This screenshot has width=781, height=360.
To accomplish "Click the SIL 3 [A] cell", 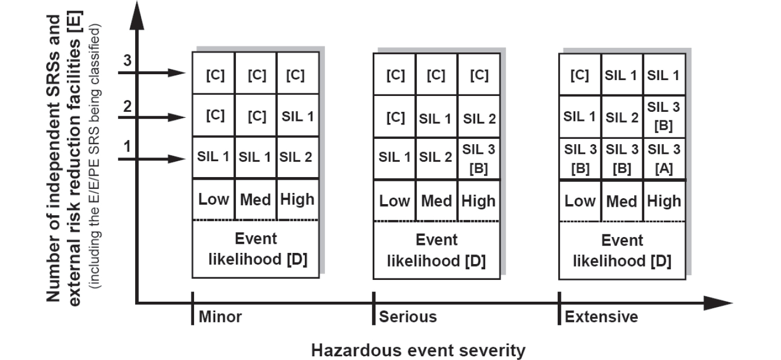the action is (x=664, y=159).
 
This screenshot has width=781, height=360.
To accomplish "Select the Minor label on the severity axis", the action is (x=220, y=317).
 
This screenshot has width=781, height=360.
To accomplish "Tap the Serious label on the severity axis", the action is (x=408, y=317).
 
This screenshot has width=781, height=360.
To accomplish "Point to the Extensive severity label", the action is (x=601, y=317).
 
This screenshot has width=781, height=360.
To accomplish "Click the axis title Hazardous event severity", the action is (x=418, y=350).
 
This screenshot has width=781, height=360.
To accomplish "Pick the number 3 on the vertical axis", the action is (x=127, y=60).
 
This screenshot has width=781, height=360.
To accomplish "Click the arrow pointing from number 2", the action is (x=152, y=118).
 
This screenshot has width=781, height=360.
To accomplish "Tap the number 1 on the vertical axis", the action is (x=127, y=146).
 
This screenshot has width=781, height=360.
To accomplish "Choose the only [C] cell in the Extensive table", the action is (x=580, y=75).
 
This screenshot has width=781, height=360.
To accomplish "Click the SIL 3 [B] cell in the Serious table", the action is (x=478, y=159).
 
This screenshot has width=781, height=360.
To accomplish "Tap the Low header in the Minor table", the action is (x=213, y=199).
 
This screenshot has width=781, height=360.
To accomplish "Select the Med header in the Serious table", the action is (x=436, y=201).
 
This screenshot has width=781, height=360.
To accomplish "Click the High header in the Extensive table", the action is (x=664, y=201).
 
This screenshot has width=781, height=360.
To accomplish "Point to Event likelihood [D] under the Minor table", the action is (x=257, y=249).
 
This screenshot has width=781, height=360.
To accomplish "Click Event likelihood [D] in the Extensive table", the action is (x=622, y=251).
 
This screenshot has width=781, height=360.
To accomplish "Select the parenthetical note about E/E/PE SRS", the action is (x=94, y=156).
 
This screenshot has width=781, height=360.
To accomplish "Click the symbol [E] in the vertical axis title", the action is (x=75, y=22).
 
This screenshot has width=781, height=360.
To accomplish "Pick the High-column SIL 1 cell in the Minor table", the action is (x=297, y=117).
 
